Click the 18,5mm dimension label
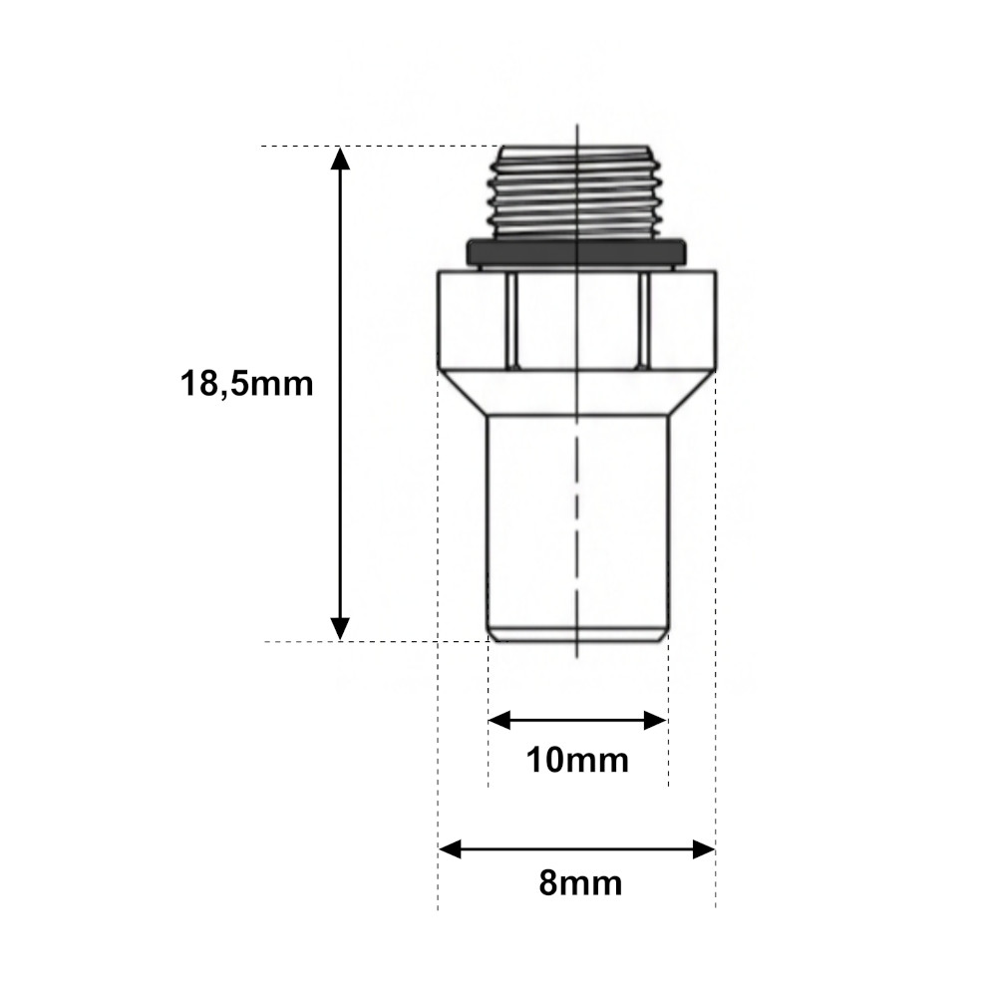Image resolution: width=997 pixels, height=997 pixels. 246,385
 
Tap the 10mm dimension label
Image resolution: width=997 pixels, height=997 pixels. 577,760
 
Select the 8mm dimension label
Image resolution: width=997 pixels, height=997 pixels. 580,883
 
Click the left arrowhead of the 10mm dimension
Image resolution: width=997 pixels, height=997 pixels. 499,721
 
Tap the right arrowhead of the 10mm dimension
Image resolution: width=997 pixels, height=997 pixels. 655,721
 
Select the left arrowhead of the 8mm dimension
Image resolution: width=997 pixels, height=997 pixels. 451,848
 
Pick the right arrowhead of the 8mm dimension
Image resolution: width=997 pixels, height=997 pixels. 704,848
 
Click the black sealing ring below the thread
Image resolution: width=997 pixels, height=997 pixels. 576,252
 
